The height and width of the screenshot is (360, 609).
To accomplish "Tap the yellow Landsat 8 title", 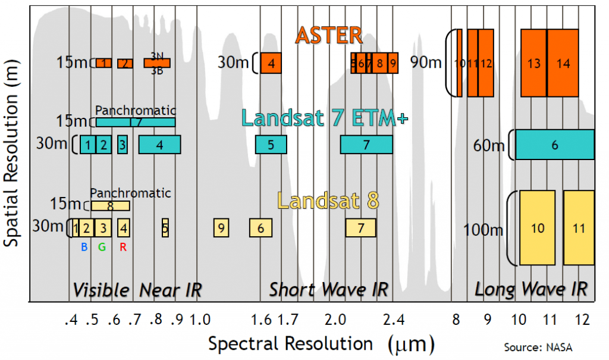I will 328,201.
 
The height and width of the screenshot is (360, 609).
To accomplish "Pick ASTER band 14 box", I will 563,62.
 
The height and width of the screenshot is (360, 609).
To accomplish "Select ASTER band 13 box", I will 533,62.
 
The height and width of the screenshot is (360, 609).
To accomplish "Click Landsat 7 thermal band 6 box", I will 554,145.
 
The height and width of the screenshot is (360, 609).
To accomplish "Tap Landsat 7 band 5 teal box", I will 271,145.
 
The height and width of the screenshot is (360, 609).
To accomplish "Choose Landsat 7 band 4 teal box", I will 159,145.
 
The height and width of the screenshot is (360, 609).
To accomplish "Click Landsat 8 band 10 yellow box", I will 537,228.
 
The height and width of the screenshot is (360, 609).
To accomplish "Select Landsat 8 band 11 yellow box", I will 578,228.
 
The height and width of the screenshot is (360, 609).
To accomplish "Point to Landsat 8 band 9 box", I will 221,227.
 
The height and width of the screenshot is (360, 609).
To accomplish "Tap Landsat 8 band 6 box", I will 260,227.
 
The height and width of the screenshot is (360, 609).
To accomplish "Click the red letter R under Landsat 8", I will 123,248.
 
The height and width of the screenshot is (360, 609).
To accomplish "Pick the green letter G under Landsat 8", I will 102,248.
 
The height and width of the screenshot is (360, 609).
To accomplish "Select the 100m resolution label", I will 482,229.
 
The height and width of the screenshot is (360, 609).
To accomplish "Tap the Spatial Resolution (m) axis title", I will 13,165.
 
